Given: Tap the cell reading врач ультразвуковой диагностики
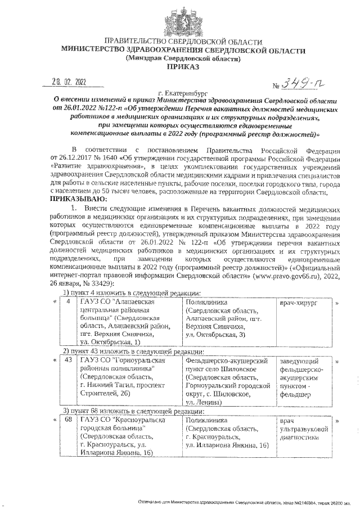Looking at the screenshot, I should pos(299,429).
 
